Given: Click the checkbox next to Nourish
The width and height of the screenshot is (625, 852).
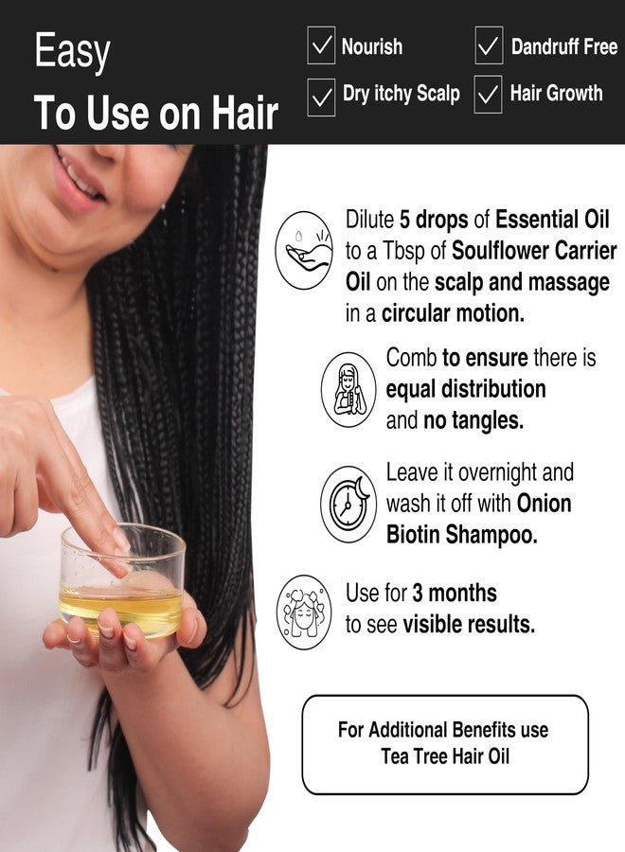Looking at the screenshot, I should (x=321, y=45).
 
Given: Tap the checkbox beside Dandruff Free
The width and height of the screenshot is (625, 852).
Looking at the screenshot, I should (x=489, y=45).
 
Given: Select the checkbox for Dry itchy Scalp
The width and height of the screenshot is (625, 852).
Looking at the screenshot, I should (x=321, y=95).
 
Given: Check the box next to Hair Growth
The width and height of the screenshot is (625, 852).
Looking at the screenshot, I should (x=489, y=95).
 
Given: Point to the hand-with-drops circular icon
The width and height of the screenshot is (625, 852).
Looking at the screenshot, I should (x=304, y=250).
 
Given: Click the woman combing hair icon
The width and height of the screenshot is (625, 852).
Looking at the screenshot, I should (x=348, y=389).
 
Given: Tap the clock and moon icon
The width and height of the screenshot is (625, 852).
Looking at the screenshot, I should (x=348, y=503).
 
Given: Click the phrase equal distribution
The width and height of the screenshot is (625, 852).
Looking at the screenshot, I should (x=466, y=389).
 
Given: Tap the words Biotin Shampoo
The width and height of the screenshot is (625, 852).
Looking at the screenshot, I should (x=461, y=534).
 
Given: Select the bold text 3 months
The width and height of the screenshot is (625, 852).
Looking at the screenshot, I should (x=454, y=594).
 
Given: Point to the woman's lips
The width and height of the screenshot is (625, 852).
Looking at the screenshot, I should (x=81, y=179).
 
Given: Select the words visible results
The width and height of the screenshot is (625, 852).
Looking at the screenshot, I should (x=468, y=624).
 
